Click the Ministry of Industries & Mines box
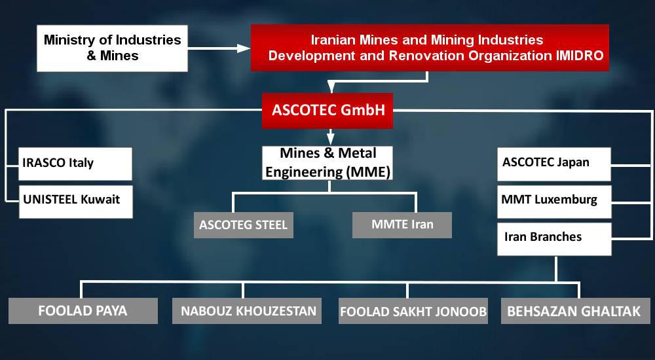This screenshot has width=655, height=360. [x=112, y=48]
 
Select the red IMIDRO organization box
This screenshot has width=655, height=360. [x=429, y=48]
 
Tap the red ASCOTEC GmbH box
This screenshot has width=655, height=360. [x=328, y=110]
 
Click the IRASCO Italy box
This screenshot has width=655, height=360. [x=77, y=164]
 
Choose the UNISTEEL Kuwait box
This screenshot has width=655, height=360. [x=77, y=200]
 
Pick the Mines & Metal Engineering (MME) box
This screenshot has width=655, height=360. [x=328, y=163]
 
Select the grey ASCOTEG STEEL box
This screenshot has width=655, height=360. [x=243, y=225]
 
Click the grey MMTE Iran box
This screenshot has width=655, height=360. [x=402, y=225]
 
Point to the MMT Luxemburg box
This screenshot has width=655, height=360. [x=554, y=200]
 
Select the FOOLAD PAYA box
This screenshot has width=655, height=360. [x=83, y=311]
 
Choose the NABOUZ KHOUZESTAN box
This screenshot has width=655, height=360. [x=247, y=311]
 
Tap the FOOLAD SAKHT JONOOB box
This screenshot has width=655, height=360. [x=413, y=312]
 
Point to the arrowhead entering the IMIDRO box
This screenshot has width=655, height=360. [x=244, y=48]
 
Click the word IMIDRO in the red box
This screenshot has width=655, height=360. [x=580, y=56]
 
